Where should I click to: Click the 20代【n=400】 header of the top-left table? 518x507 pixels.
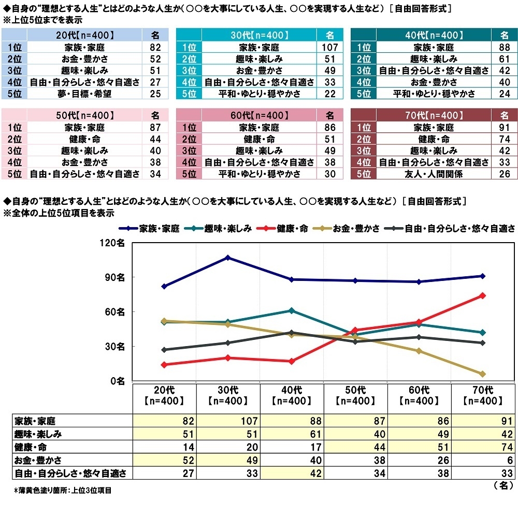click(84, 35)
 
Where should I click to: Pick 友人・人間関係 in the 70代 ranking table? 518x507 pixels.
click(434, 174)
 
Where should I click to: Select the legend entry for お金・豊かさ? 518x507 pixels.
click(357, 228)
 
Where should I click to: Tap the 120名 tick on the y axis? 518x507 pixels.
click(113, 243)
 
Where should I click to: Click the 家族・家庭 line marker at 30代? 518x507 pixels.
click(228, 257)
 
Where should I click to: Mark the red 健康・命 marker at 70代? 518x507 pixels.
click(482, 295)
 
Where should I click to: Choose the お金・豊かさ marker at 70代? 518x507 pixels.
click(482, 374)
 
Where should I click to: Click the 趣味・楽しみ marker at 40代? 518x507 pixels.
click(292, 310)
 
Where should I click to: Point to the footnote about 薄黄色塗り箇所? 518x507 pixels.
click(62, 489)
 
